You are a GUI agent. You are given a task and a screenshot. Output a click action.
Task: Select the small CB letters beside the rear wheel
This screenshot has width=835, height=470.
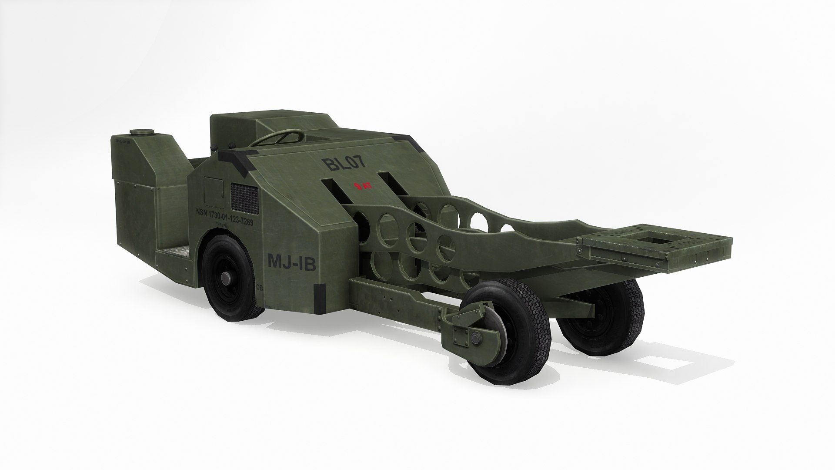tap(260, 287)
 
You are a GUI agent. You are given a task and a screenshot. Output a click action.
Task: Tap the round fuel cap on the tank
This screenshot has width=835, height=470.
tap(139, 132)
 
